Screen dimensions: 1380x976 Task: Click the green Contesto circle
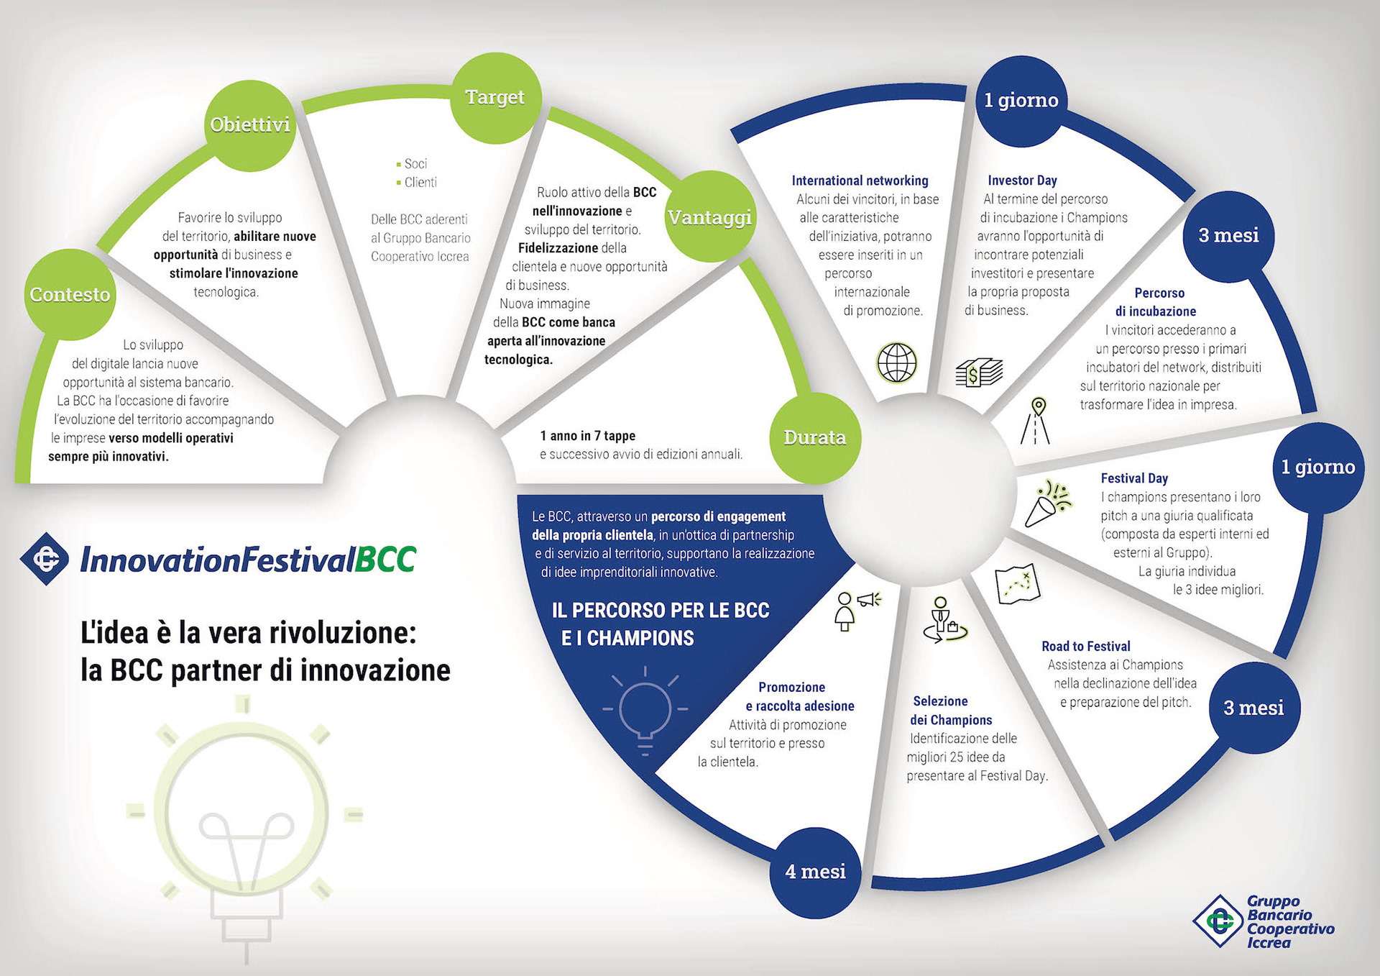pos(70,294)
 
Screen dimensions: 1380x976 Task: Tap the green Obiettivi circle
pos(249,125)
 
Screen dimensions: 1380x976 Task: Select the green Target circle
pos(495,97)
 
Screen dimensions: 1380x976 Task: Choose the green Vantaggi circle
pos(710,216)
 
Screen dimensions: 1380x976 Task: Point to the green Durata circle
pos(814,437)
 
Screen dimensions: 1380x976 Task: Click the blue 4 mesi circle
pos(815,872)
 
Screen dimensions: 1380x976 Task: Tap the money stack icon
pos(978,373)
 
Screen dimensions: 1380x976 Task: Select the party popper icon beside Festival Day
pos(1047,503)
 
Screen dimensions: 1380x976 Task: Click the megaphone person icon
pos(855,610)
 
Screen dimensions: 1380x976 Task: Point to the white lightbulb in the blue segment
pos(645,711)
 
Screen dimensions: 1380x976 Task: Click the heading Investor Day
pos(1022,181)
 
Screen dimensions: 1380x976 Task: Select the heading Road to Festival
pos(1085,647)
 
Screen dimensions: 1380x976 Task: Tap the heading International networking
pos(860,181)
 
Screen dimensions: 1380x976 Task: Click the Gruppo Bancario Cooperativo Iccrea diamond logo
pos(1218,921)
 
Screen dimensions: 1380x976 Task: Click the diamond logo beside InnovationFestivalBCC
pos(45,559)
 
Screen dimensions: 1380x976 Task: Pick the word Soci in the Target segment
pos(415,164)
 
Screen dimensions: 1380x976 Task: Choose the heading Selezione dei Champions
pos(950,711)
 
